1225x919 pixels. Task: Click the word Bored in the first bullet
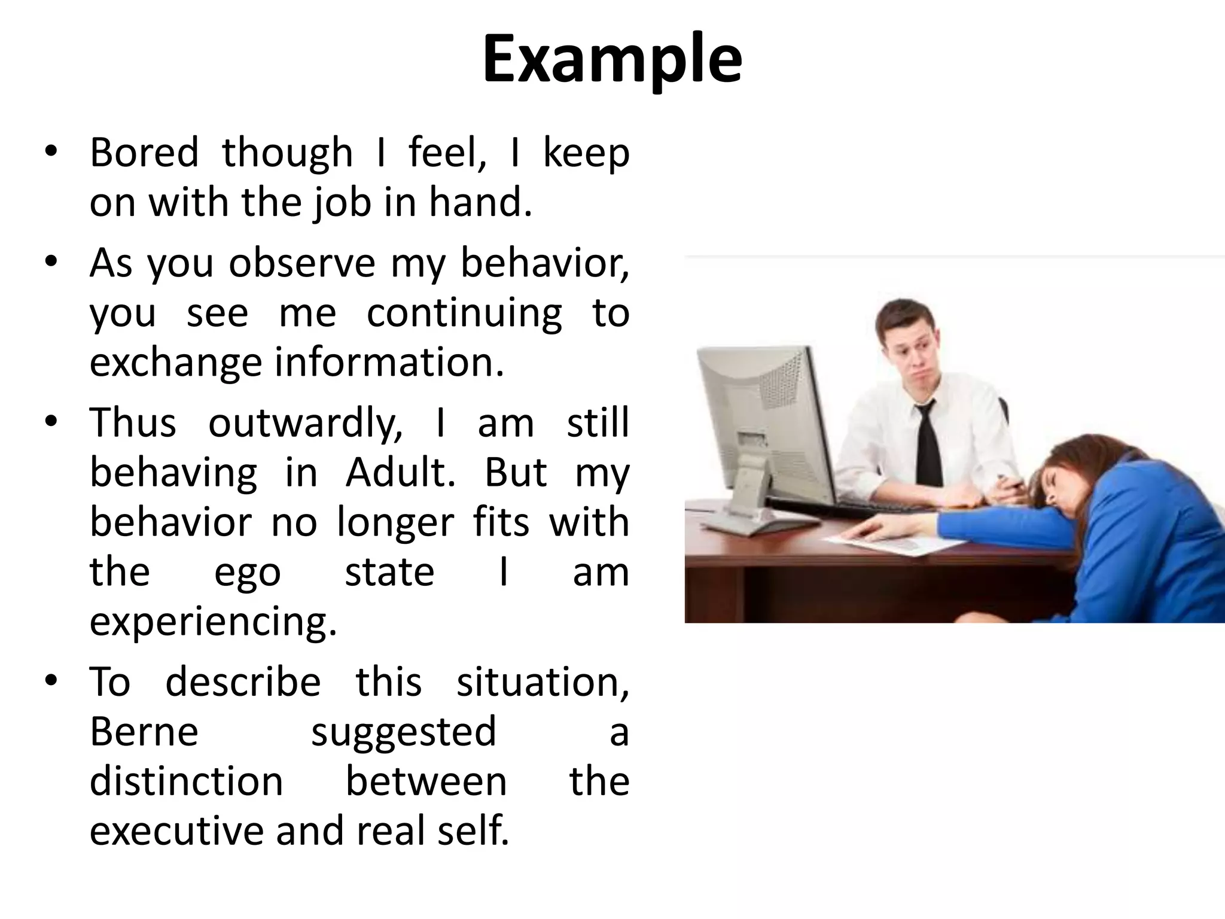click(144, 153)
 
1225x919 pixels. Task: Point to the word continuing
click(464, 313)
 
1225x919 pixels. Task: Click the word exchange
click(175, 363)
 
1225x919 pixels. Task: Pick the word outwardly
click(305, 423)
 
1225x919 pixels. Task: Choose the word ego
click(247, 573)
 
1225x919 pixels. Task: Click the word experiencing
click(214, 623)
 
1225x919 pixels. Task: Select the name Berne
click(144, 732)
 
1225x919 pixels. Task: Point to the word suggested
click(404, 732)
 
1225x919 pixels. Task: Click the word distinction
click(186, 782)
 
